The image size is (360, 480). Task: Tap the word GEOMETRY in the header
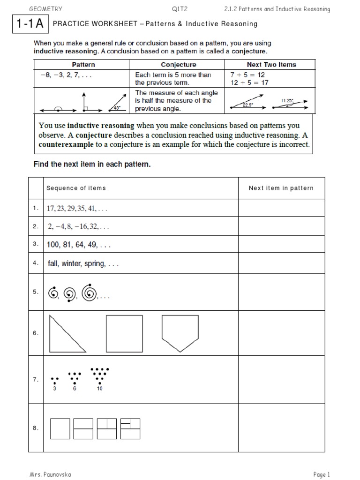pos(45,9)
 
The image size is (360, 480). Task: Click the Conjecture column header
pos(179,65)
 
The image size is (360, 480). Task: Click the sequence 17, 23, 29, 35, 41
pos(77,209)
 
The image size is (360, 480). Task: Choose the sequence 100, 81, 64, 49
pos(79,245)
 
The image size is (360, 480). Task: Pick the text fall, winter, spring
pos(83,264)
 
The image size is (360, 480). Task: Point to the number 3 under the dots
pos(55,389)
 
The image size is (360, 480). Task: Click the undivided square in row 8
pos(60,428)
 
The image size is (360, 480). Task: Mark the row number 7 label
pos(36,380)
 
